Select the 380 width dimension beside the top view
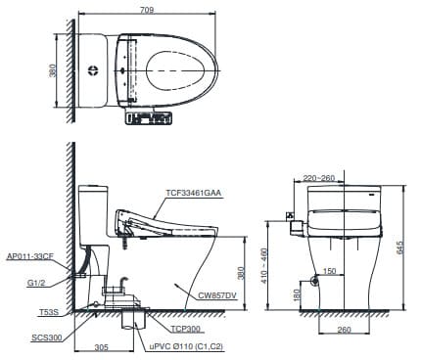[x=52, y=70]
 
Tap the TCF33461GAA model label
[x=194, y=193]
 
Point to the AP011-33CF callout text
[x=28, y=255]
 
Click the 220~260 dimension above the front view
[x=319, y=178]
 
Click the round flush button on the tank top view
[x=93, y=70]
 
